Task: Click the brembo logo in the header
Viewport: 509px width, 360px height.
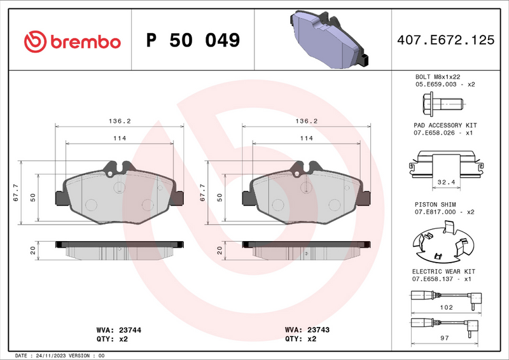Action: pyautogui.click(x=72, y=41)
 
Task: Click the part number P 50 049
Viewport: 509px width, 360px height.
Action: pyautogui.click(x=193, y=41)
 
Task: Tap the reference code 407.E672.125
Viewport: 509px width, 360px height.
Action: pyautogui.click(x=445, y=40)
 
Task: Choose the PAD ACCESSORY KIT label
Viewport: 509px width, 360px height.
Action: pyautogui.click(x=445, y=126)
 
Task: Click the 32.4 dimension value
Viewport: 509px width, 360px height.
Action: pyautogui.click(x=445, y=183)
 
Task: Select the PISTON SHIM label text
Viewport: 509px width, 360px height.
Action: pyautogui.click(x=436, y=204)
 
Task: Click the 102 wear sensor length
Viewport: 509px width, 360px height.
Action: pyautogui.click(x=445, y=307)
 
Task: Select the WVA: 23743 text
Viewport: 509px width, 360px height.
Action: pyautogui.click(x=307, y=331)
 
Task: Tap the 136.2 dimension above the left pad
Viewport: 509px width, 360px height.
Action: pyautogui.click(x=120, y=121)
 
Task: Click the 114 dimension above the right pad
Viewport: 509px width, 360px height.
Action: pyautogui.click(x=307, y=138)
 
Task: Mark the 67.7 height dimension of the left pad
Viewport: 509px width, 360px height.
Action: pyautogui.click(x=15, y=193)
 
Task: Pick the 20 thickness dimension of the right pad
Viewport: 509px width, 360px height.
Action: pyautogui.click(x=220, y=250)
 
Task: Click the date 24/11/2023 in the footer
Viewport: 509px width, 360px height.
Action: pyautogui.click(x=52, y=356)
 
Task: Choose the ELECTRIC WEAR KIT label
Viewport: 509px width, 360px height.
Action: pyautogui.click(x=443, y=271)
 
